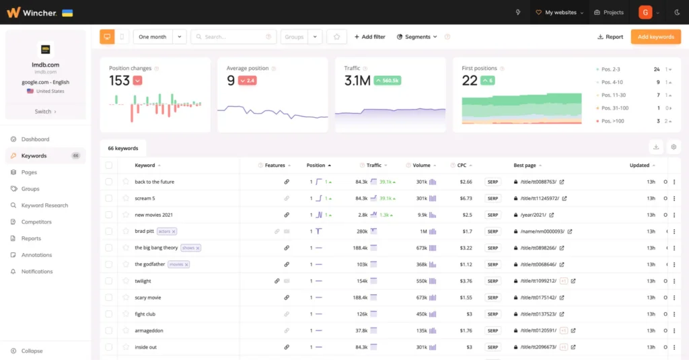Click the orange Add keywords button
coord(655,37)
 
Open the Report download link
coord(610,37)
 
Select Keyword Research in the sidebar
coord(44,205)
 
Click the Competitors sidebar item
coord(36,222)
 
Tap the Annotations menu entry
coord(36,255)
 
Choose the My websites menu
coord(559,13)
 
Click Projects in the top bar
coord(609,13)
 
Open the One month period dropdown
coord(159,37)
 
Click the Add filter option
coord(369,37)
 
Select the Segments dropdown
coord(417,37)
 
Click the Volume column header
coord(421,166)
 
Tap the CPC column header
coord(462,166)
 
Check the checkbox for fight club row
coord(109,314)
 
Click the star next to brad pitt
coord(125,231)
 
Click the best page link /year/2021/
coord(534,215)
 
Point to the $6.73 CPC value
coord(465,199)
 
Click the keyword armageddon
coord(149,331)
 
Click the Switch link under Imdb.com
coord(45,112)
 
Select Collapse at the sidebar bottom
coord(32,351)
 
